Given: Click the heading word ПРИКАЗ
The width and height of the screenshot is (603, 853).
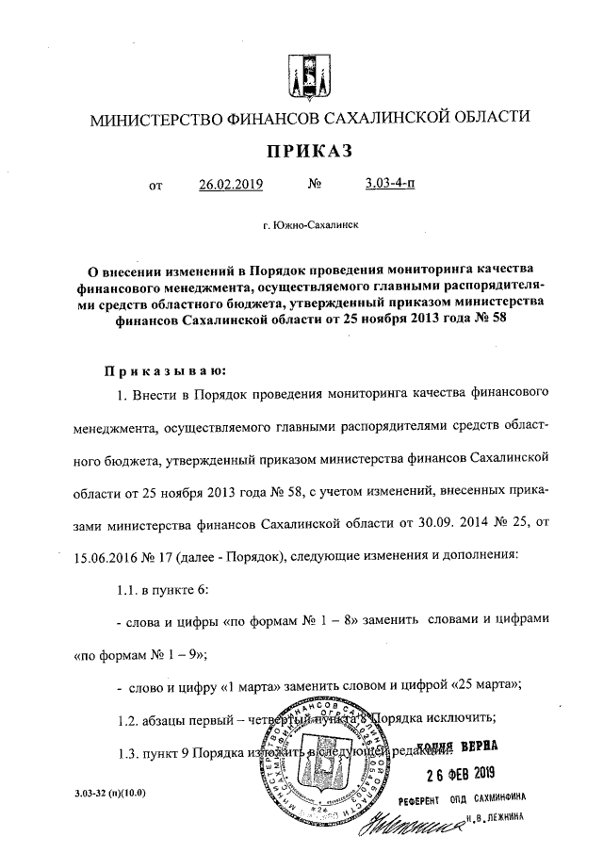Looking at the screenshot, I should pyautogui.click(x=301, y=151).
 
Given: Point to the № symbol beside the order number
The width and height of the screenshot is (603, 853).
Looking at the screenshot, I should pyautogui.click(x=316, y=185).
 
